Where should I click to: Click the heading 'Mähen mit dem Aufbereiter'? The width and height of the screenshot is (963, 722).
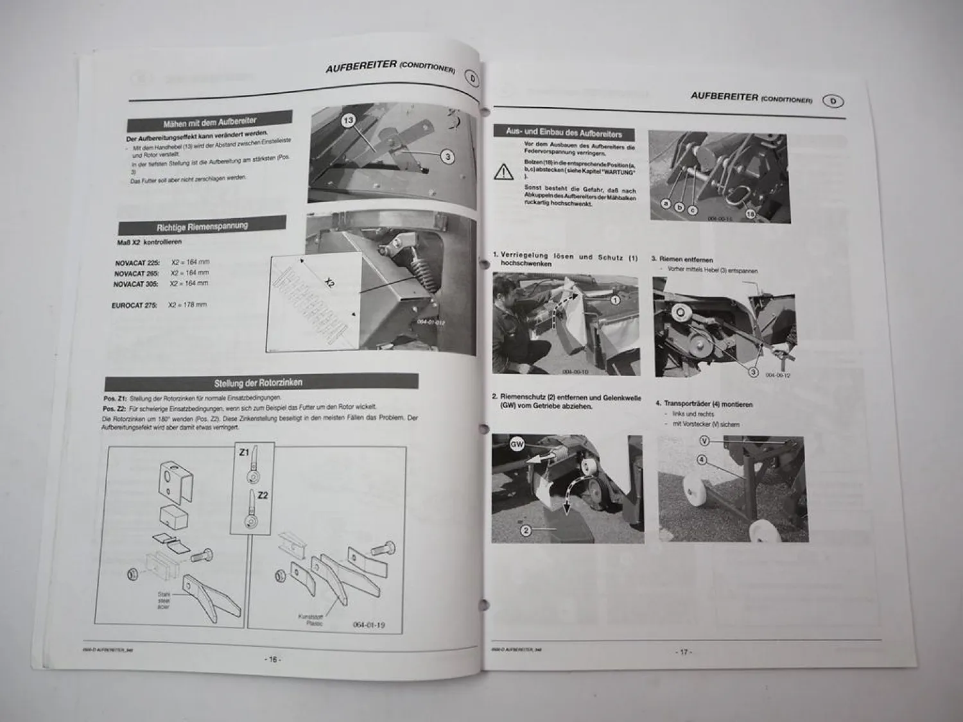tap(210, 121)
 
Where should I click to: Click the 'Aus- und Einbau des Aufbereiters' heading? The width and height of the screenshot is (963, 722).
tap(564, 132)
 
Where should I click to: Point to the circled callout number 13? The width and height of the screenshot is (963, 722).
tap(349, 121)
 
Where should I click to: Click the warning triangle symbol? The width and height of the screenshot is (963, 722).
tap(504, 171)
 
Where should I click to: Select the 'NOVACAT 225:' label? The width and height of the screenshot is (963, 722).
tap(137, 263)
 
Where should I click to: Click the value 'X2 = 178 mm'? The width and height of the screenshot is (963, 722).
tap(187, 305)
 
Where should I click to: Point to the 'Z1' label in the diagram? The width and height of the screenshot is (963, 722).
tap(244, 452)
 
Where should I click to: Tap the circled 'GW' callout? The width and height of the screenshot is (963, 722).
tap(517, 444)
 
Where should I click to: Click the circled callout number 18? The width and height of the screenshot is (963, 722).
tap(750, 213)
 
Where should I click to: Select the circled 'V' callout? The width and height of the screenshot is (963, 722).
tap(705, 441)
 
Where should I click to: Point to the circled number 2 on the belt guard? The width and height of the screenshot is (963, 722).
tap(526, 530)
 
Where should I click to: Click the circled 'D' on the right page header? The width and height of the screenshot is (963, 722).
tap(833, 101)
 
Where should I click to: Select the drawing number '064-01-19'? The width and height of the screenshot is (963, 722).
tap(369, 625)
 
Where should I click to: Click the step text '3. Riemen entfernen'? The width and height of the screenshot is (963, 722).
tap(682, 260)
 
